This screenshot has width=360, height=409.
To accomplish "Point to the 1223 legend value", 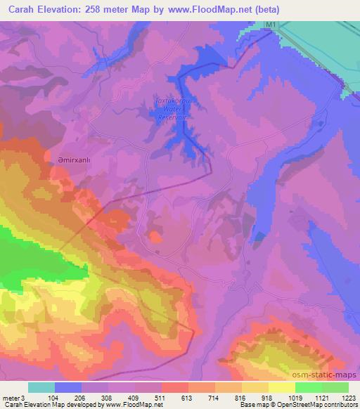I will [x=348, y=397].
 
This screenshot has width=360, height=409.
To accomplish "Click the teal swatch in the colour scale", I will [x=41, y=387].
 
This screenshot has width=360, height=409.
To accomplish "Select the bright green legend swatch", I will [x=307, y=387].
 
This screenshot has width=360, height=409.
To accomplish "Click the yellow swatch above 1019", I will [x=281, y=387].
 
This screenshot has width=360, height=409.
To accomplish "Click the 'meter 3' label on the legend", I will [x=13, y=397].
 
